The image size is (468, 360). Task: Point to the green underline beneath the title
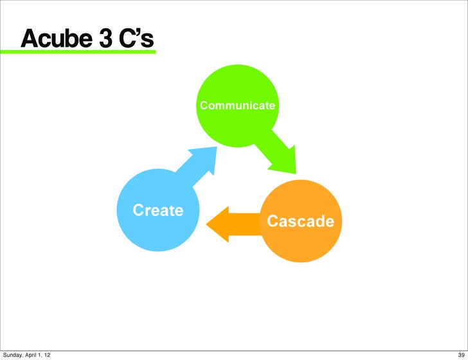point(84,51)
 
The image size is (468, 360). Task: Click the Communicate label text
point(237,104)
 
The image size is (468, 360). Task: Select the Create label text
point(157,210)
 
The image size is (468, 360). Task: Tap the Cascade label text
point(300,222)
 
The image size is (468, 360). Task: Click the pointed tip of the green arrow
point(295,173)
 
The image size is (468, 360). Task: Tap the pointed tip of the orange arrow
point(207,224)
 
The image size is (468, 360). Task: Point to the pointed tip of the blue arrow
point(215,148)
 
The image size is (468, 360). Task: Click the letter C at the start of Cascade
point(273,222)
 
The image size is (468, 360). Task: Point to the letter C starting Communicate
point(203,104)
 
